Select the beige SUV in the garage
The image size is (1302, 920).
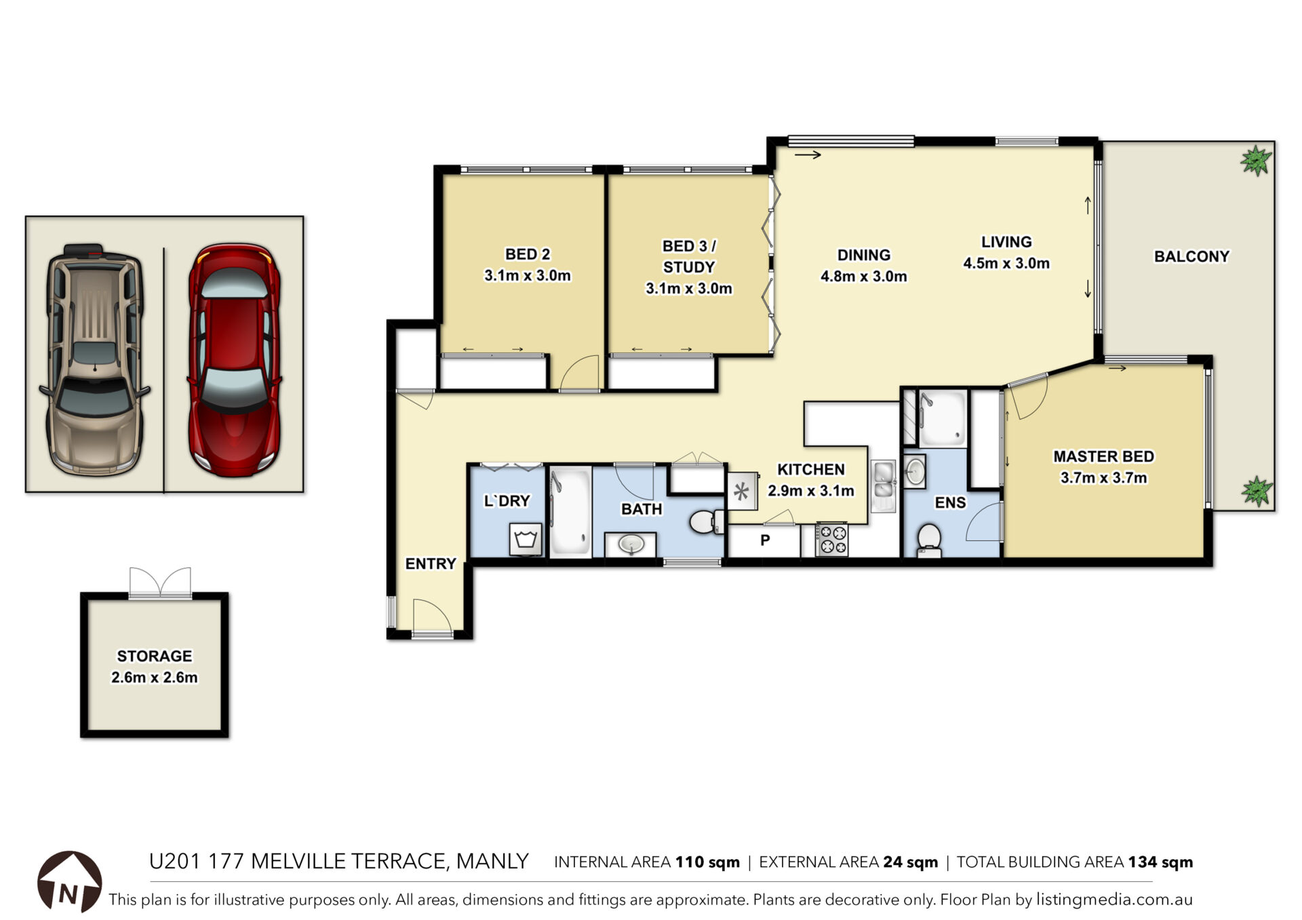95,359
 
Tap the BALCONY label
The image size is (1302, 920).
1191,256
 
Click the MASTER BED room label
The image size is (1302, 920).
1103,456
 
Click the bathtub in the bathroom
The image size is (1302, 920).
570,512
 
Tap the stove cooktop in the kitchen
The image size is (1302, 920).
832,539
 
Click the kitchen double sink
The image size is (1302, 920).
884,485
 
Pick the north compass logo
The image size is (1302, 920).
69,881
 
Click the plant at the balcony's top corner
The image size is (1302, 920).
1256,161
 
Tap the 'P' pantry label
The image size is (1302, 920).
765,540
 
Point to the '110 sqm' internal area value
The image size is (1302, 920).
707,862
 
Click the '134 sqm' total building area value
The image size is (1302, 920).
1160,862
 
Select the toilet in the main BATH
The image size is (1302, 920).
707,522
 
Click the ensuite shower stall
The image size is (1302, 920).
941,419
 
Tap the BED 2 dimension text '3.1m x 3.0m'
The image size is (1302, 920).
527,275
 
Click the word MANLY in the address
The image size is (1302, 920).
492,861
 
